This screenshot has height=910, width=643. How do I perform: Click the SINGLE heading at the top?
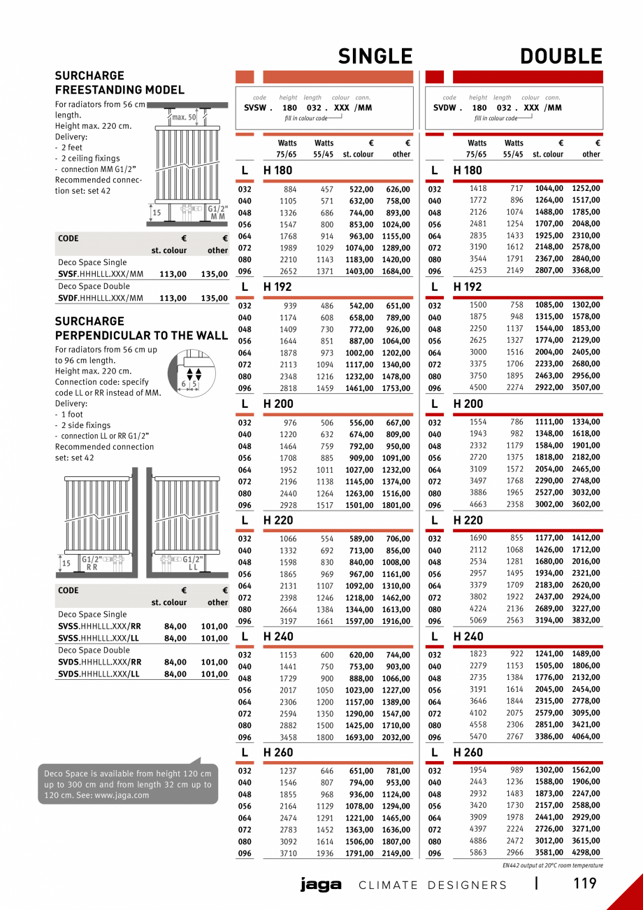click(375, 57)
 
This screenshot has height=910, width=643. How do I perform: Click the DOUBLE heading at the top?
click(561, 57)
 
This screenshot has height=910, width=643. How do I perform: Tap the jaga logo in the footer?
click(321, 885)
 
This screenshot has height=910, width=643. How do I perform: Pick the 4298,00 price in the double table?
click(586, 853)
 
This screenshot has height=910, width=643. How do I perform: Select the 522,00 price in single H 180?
click(361, 189)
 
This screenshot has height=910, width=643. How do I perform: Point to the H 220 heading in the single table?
click(278, 520)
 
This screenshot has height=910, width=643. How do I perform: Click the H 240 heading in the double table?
click(468, 637)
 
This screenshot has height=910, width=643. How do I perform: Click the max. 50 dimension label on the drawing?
click(185, 117)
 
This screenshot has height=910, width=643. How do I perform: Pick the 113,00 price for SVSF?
click(173, 275)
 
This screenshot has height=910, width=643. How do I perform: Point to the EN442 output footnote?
click(552, 865)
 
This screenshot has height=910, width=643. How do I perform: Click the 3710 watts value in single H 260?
click(288, 853)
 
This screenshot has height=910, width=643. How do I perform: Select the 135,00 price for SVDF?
click(214, 298)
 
